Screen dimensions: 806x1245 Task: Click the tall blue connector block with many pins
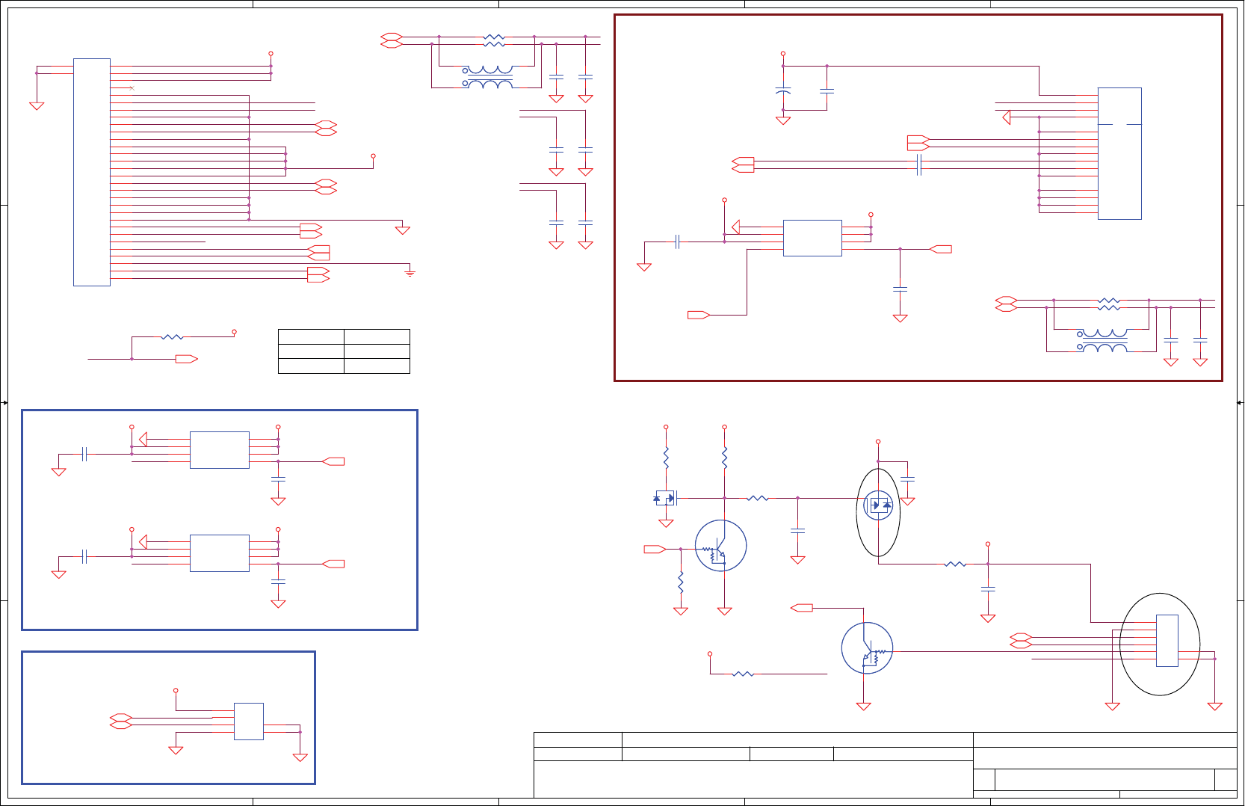[92, 172]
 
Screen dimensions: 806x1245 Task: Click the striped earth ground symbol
[410, 273]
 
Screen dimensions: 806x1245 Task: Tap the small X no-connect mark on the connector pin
[132, 88]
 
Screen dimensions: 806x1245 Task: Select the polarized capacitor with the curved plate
[783, 90]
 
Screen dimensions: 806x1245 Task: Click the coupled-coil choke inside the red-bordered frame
[1105, 341]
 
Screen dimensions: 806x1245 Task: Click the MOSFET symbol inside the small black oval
[878, 505]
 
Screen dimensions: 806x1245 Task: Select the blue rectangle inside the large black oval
[1167, 641]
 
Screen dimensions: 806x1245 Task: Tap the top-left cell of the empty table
[311, 336]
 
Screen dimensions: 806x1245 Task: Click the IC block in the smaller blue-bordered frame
[249, 722]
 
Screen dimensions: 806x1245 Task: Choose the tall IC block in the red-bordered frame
[1119, 153]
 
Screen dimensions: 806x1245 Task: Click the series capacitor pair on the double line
[919, 165]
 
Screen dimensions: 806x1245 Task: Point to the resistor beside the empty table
[172, 337]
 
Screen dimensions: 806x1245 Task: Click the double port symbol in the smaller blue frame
[120, 722]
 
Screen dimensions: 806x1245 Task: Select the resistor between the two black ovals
[955, 564]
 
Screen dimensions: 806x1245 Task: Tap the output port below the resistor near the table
[186, 360]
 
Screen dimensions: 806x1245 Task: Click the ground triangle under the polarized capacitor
[783, 120]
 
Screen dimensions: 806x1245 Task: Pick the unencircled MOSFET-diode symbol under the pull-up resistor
[664, 498]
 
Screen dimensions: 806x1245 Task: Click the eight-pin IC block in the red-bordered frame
[812, 239]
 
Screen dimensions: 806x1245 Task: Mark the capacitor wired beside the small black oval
[908, 479]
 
